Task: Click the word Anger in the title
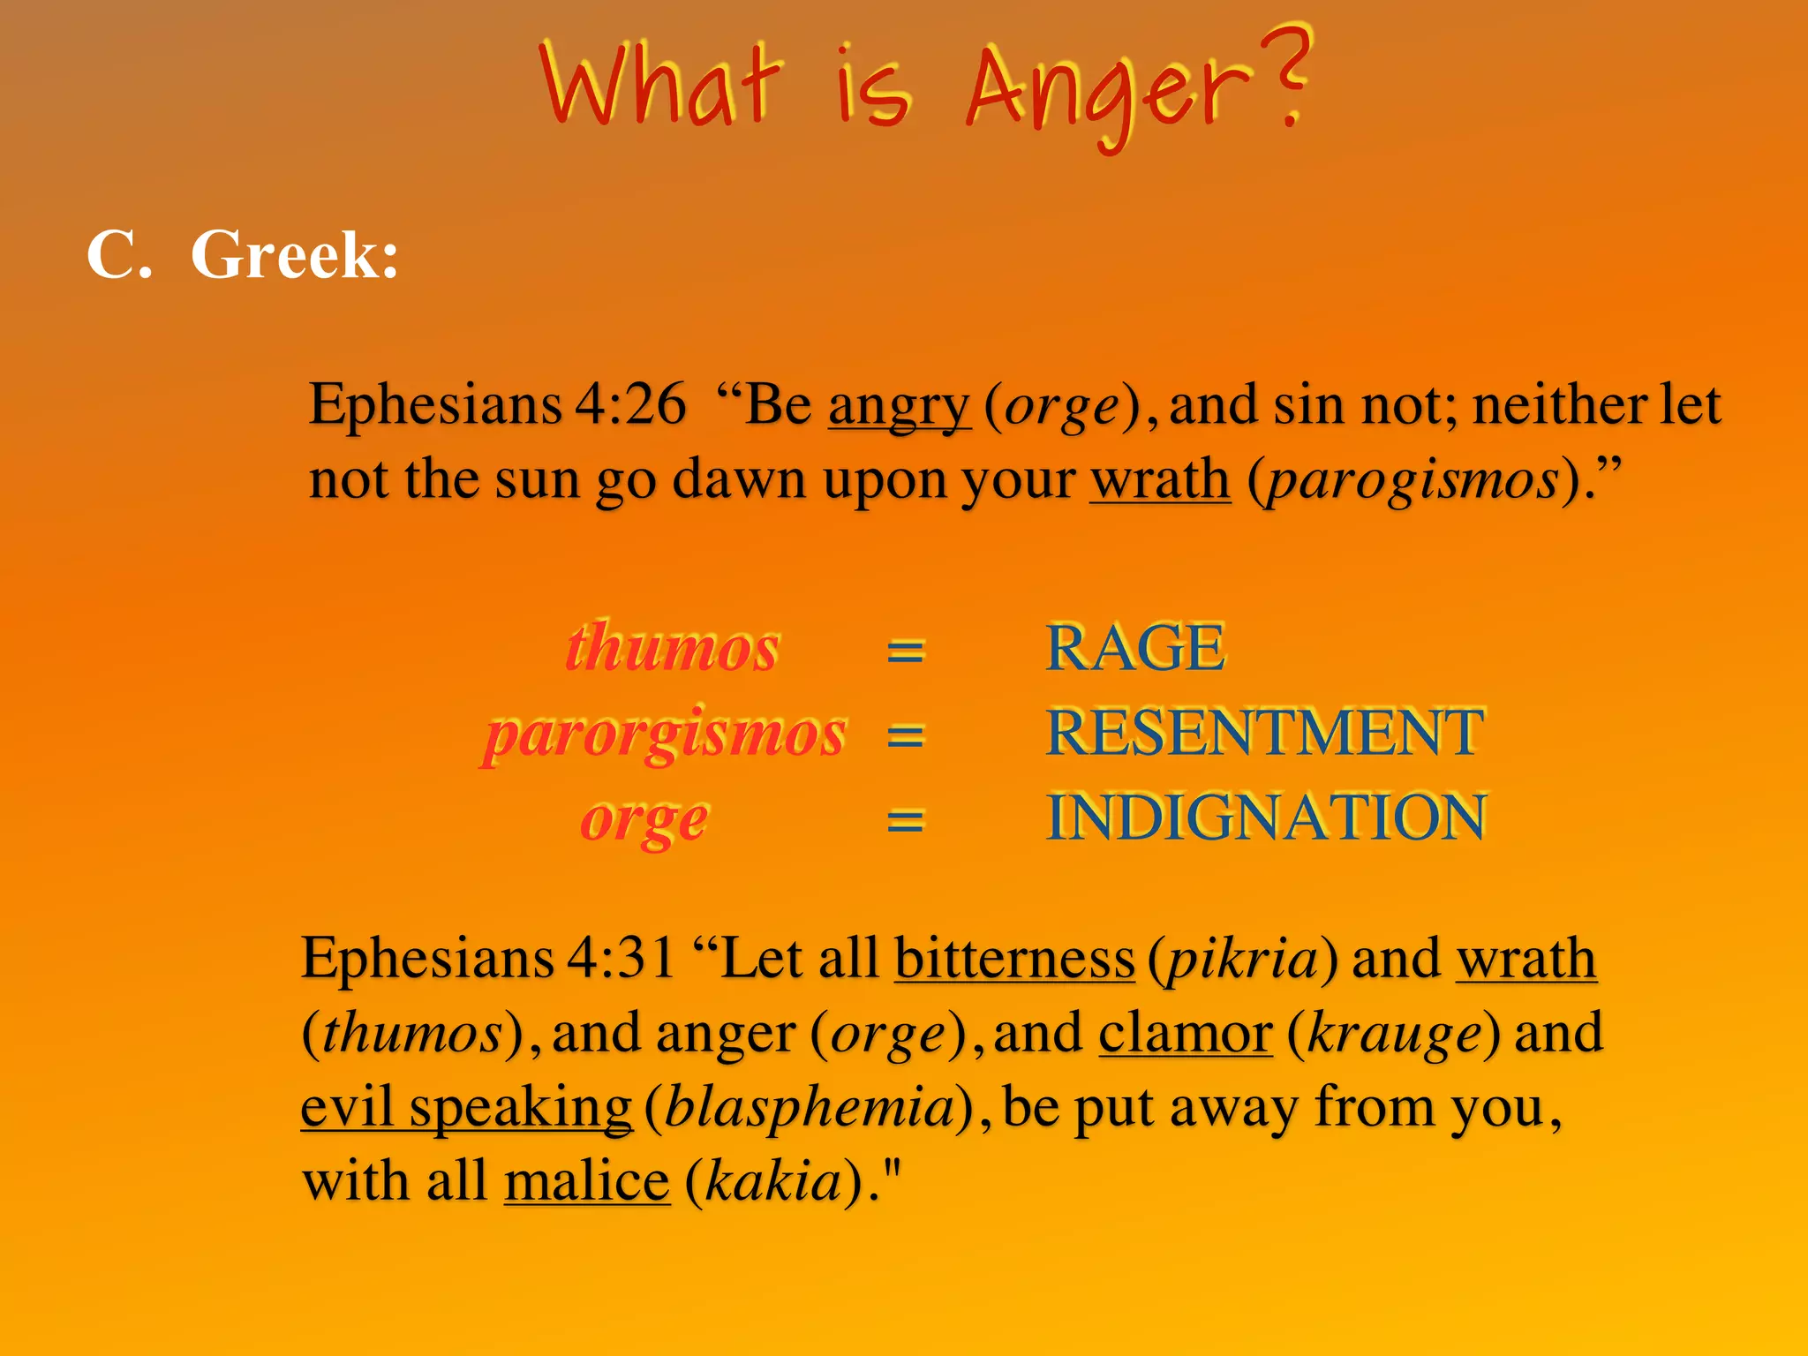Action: pyautogui.click(x=1108, y=93)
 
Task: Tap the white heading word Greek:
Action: pyautogui.click(x=295, y=255)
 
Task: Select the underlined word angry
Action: pyautogui.click(x=899, y=405)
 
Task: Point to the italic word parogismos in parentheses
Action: pyautogui.click(x=1412, y=480)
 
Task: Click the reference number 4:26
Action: pyautogui.click(x=630, y=405)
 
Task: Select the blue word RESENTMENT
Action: pyautogui.click(x=1265, y=733)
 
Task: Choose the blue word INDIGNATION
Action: pyautogui.click(x=1266, y=817)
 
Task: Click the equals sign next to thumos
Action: pyautogui.click(x=906, y=652)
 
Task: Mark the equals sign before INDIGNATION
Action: pyautogui.click(x=906, y=821)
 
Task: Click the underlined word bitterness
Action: pyautogui.click(x=1014, y=959)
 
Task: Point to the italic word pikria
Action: pyautogui.click(x=1242, y=959)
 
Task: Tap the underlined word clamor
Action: pyautogui.click(x=1186, y=1033)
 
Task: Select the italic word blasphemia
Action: pyautogui.click(x=810, y=1107)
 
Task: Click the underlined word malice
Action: pyautogui.click(x=587, y=1181)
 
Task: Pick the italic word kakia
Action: pyautogui.click(x=773, y=1181)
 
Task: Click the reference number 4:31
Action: pyautogui.click(x=621, y=959)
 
